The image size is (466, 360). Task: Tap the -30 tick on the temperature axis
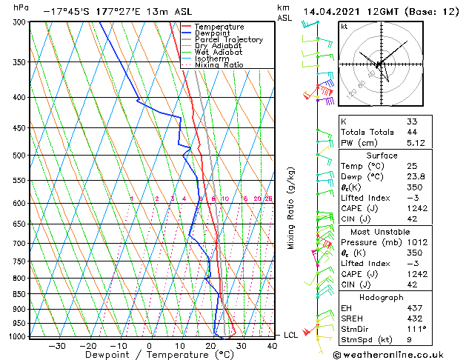57,345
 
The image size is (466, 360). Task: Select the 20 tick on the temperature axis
211,345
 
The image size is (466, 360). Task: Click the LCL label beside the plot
291,336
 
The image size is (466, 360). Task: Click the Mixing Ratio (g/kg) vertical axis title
291,208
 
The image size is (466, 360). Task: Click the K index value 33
411,121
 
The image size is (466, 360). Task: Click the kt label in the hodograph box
344,26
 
